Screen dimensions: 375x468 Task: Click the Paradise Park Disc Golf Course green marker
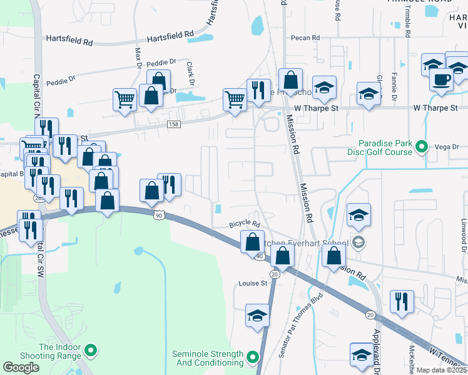click(422, 147)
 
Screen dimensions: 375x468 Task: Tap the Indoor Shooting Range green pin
click(91, 351)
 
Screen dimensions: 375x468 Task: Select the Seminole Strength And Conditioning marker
click(252, 357)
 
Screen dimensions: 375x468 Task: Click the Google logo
click(21, 367)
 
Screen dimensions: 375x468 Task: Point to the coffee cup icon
click(442, 80)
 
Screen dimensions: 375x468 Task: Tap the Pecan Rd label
click(305, 38)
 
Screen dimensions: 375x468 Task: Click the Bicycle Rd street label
click(244, 223)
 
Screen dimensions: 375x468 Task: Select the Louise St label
click(253, 283)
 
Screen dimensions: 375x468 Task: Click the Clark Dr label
click(190, 73)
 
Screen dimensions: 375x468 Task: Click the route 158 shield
click(175, 125)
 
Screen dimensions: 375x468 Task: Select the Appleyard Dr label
click(377, 352)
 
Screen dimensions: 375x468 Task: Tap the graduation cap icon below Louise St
click(257, 316)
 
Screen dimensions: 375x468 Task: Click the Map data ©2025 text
click(442, 370)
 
